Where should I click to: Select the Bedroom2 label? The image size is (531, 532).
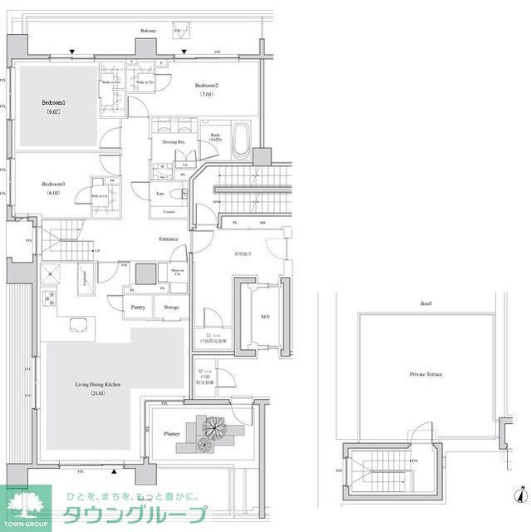coord(207,86)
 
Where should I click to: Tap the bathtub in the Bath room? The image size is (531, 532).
coord(241,140)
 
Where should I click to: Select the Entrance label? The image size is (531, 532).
coord(170,239)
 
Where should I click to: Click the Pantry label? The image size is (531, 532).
coord(138,307)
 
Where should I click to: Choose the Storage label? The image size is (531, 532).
coord(171,307)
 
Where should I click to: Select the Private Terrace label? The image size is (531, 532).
coord(425,375)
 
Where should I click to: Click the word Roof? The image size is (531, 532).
coord(425,304)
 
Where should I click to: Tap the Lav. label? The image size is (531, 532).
coord(159,194)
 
